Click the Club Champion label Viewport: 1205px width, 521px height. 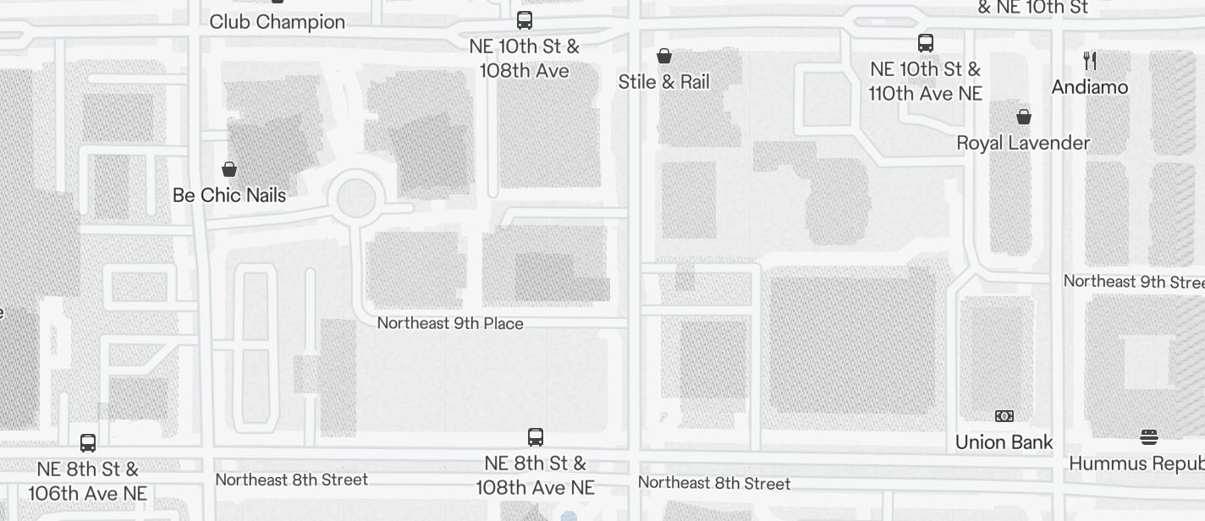pos(277,22)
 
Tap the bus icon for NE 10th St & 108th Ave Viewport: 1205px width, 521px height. pos(525,20)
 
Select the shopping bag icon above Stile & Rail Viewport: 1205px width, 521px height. pos(664,56)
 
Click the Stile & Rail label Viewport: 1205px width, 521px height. pos(664,82)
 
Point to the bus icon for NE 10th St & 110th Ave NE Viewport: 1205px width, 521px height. pos(926,43)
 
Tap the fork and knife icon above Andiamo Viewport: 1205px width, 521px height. pos(1090,61)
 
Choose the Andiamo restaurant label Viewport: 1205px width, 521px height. pos(1090,87)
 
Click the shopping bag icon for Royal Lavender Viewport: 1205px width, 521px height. pos(1024,117)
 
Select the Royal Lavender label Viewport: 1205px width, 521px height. pos(1023,143)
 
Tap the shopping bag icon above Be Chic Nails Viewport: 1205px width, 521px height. pos(228,169)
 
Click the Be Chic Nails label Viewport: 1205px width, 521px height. pos(229,195)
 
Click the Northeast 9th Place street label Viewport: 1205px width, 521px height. pos(450,323)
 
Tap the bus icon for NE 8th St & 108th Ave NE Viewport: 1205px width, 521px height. pos(536,437)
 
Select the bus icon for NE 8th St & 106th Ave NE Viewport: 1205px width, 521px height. pos(88,442)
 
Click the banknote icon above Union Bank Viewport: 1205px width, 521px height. pos(1004,416)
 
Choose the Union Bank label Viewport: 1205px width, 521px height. pos(1004,442)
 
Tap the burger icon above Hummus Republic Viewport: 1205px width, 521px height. pos(1148,437)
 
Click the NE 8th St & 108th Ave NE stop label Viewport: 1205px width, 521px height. pos(536,475)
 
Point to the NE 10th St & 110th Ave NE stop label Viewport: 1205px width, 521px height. pos(926,81)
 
